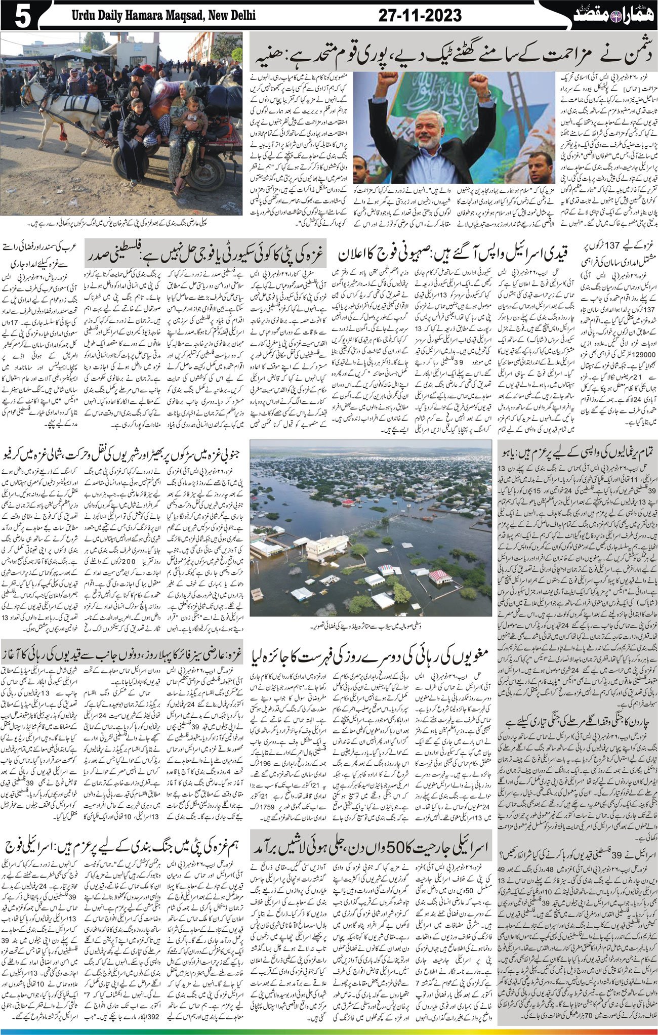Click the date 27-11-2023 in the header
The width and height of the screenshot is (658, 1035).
[x=420, y=16]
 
